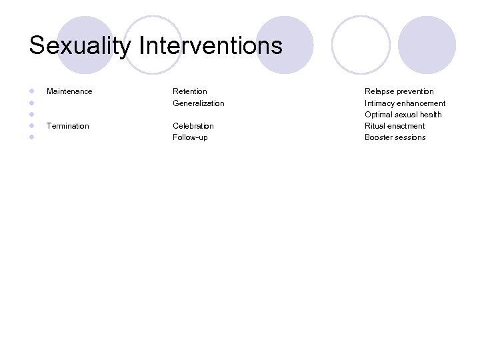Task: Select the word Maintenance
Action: point(69,91)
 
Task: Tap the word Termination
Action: point(67,126)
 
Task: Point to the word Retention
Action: point(189,91)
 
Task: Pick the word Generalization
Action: point(198,103)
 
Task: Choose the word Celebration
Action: point(193,126)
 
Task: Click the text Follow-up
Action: point(190,137)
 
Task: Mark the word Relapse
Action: point(379,91)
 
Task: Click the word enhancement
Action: point(422,103)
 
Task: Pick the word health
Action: point(430,115)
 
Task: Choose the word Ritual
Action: point(375,126)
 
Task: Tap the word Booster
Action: point(379,137)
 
